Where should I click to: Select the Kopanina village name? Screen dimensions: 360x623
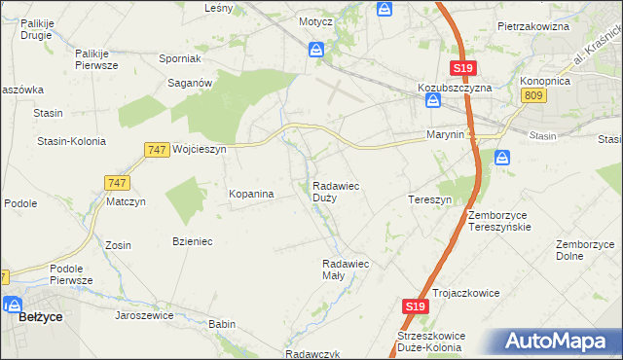coord(251,194)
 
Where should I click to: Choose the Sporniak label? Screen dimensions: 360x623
coord(179,58)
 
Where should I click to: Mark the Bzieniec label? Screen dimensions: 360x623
coord(193,240)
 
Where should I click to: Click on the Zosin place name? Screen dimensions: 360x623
coord(118,244)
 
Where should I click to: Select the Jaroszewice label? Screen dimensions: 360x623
coord(144,315)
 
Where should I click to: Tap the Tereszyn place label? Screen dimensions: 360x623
coord(429,198)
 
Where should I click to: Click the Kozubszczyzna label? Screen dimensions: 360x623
coord(456,87)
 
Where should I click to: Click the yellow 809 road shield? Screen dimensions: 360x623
coord(531,95)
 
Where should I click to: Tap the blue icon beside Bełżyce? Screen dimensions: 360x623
coord(13,303)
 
